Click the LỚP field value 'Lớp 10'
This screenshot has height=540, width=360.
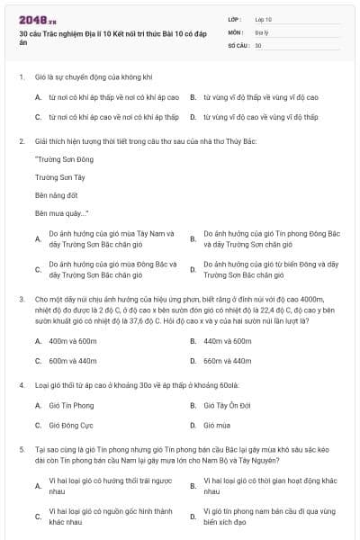click(264, 18)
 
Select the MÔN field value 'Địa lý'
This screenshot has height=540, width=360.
click(262, 31)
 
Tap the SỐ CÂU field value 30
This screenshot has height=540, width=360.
click(258, 43)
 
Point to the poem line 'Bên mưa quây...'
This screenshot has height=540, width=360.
click(61, 213)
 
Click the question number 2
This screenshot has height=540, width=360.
click(20, 140)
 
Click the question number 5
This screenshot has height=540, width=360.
click(20, 447)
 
